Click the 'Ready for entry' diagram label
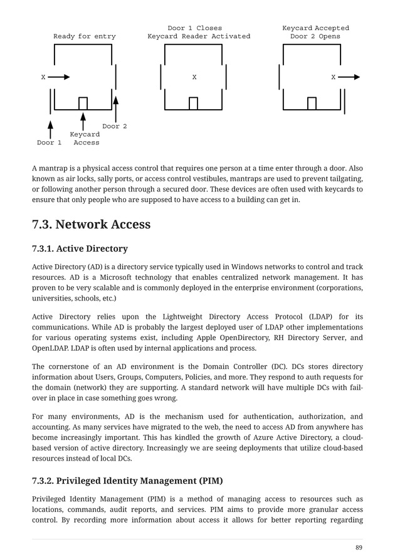coord(84,36)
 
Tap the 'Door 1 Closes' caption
coord(194,28)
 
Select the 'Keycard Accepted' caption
coord(315,28)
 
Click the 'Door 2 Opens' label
coord(315,36)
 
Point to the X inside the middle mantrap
coord(194,77)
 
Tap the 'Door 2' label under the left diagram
coord(115,126)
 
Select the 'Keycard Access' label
coord(85,139)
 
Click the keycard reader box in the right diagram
coord(312,104)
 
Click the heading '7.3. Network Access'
coord(91,225)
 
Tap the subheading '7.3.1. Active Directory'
coord(80,248)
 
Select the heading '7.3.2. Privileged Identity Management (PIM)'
coord(127,481)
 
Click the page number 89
coord(359,548)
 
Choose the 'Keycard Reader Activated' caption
coord(199,36)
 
